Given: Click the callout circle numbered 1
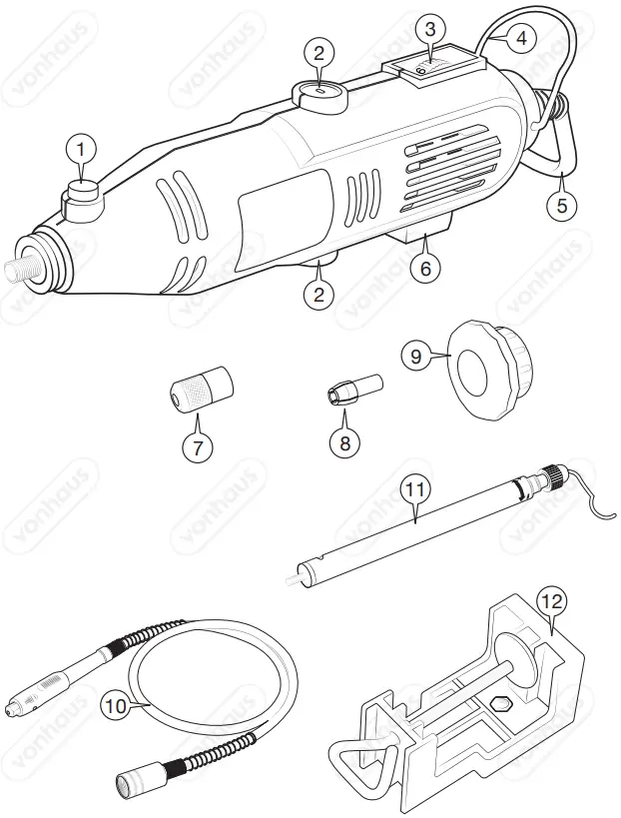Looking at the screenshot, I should click(82, 149).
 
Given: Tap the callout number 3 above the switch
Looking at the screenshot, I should click(429, 29).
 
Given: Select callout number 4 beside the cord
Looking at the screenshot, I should click(522, 39).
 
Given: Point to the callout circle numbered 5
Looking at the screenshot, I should click(562, 207).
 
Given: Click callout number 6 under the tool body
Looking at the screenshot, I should click(424, 269).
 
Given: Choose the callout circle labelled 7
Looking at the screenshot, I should click(197, 446).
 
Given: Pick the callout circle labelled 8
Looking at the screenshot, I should click(344, 443).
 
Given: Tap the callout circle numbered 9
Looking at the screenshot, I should click(418, 355).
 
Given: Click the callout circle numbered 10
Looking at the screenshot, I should click(118, 705).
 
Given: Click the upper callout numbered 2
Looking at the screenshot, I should click(317, 52).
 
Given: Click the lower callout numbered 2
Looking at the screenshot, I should click(317, 295).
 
